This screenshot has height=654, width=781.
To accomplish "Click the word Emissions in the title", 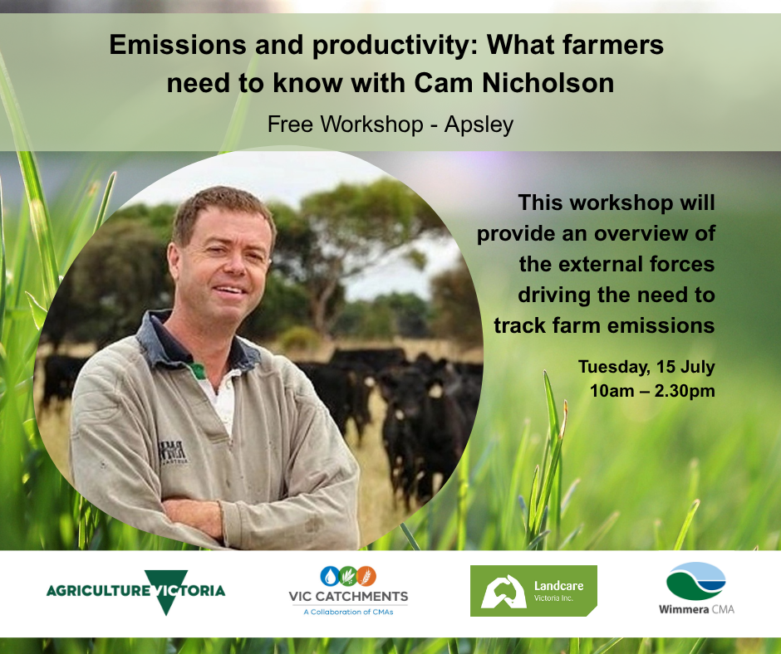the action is pos(178,45).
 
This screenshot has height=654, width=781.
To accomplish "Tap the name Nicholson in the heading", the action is pos(548,83).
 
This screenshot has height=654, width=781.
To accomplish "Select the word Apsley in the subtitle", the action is pos(479,125).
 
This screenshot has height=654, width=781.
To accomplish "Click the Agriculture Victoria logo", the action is pos(135,592).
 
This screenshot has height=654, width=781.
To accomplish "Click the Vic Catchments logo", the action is pos(348,591).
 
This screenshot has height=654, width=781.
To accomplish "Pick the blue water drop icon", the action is pos(329,576).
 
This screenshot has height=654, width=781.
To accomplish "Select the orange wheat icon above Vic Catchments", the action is pos(366,576).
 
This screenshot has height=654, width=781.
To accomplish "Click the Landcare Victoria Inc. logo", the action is pos(533,591).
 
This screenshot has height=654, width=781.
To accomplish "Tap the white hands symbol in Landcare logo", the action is pos(503,592).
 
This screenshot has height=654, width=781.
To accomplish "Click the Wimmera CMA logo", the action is pos(696,588).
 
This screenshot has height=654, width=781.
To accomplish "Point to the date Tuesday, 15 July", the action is pos(646,367).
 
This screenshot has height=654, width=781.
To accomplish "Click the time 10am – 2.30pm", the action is pos(652,391).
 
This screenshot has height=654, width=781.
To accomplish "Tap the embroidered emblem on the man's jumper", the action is pos(173,452).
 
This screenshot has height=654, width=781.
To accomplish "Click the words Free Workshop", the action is pos(345,124).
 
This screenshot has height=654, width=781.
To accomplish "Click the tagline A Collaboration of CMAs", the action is pos(348,612).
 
